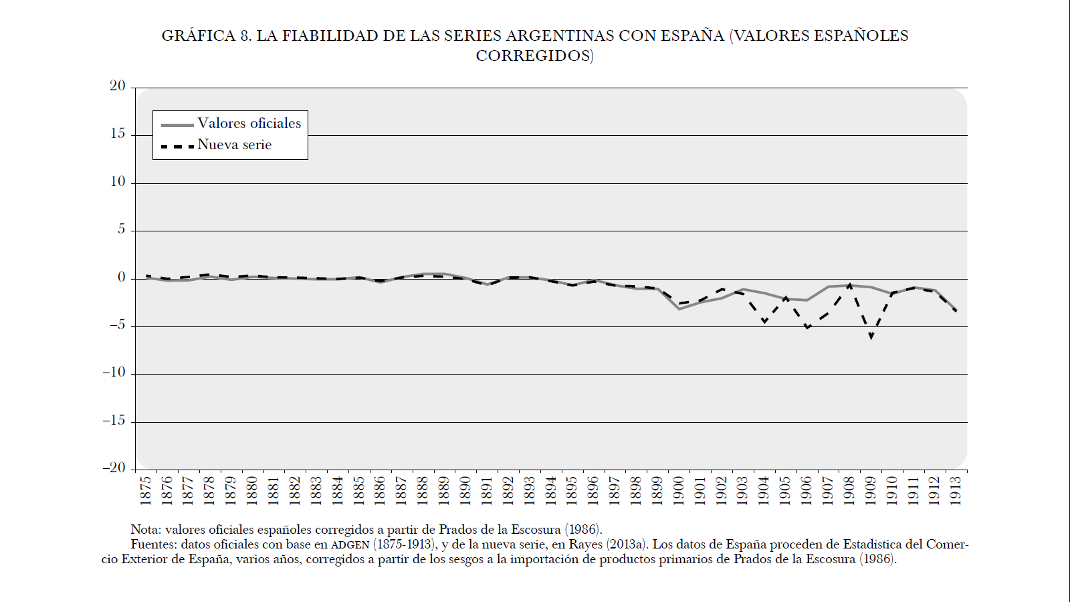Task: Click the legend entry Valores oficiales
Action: coord(249,124)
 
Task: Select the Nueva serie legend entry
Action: coord(234,145)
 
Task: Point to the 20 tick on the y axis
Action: coord(118,86)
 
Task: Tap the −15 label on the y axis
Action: coord(114,421)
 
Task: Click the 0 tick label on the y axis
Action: coord(122,278)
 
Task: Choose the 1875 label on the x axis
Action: coord(146,490)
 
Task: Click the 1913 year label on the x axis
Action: coord(956,490)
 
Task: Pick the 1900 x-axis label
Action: coord(679,490)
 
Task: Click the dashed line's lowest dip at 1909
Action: coord(871,336)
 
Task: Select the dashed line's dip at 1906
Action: coord(807,327)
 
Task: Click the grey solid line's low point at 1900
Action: coord(679,308)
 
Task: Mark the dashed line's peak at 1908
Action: coord(849,285)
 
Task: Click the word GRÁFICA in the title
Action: coord(199,36)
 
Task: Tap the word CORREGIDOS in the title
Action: coord(534,56)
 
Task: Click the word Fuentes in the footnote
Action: coord(153,544)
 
